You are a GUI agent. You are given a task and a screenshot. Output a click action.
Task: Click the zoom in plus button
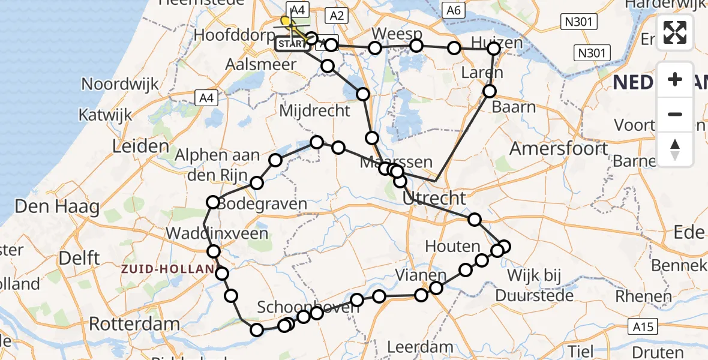coord(675,79)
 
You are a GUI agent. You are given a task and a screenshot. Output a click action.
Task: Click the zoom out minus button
coord(675,114)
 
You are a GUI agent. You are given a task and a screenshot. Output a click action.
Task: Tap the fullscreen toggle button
coord(675,32)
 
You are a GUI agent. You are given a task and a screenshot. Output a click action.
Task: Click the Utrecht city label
coord(434,198)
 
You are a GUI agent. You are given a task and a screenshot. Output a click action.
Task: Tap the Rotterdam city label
coord(134,325)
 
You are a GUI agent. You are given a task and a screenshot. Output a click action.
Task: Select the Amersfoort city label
coord(559,148)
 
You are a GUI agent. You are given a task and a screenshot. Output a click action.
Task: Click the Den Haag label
coord(57,208)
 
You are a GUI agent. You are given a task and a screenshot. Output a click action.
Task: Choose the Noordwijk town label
coord(120,83)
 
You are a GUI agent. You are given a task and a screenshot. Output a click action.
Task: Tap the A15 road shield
coord(644,326)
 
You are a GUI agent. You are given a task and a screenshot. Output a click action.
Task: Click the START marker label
coord(292,44)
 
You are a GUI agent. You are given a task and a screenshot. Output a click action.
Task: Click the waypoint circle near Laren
coord(490,91)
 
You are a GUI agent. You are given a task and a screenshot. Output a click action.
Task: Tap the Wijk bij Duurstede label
coord(534,286)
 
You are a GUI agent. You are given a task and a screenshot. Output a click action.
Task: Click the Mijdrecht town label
coord(314,110)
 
